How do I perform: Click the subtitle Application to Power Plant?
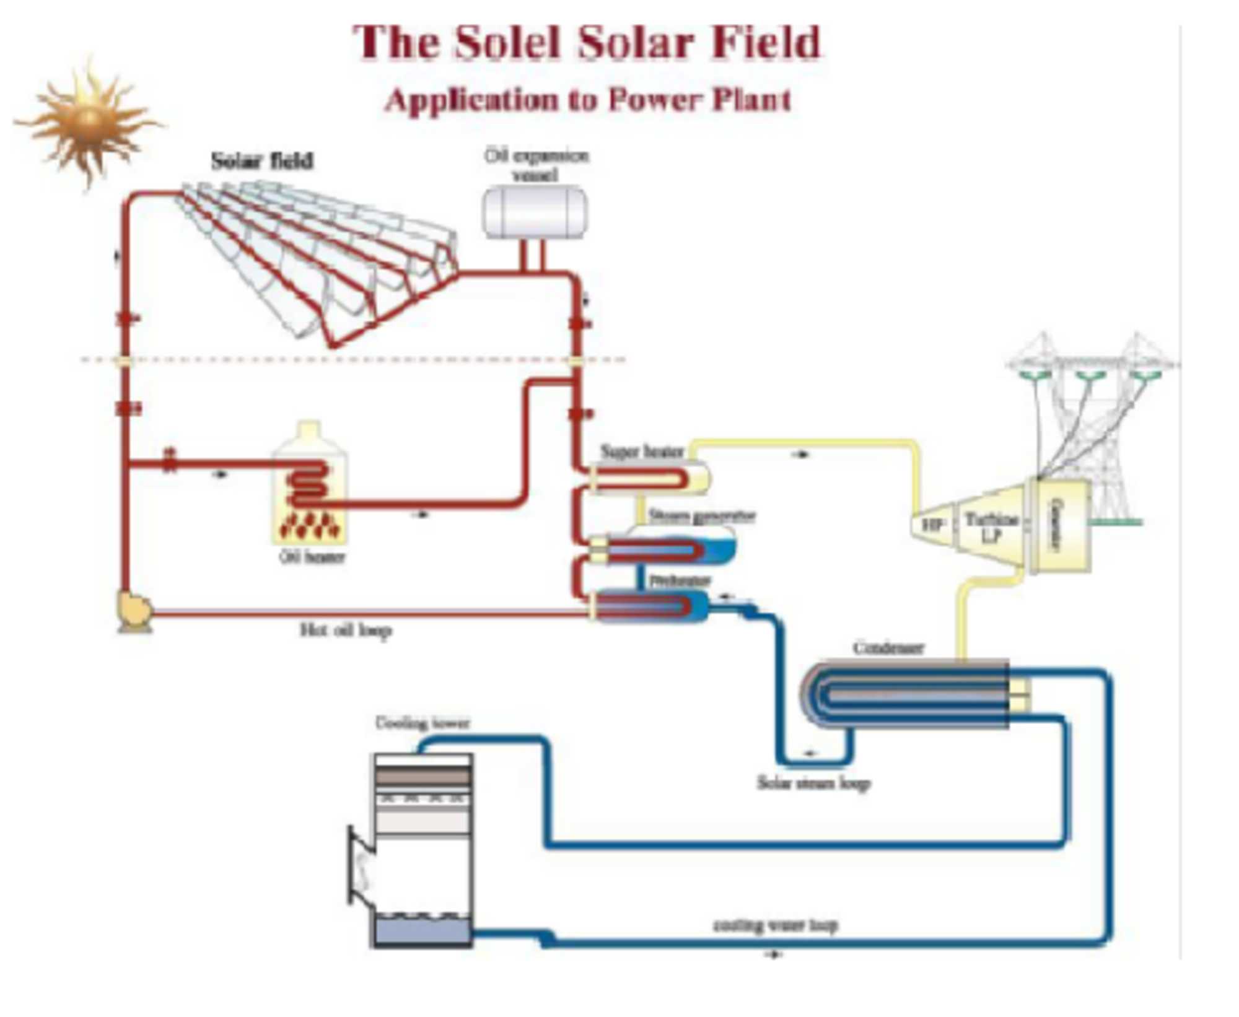tap(587, 100)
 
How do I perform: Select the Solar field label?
tap(262, 161)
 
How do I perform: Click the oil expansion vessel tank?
tap(535, 212)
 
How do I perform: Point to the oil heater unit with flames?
tap(309, 489)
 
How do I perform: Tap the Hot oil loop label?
tap(346, 631)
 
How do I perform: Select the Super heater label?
tap(642, 452)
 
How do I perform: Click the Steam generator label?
tap(701, 516)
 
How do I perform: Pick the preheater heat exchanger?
tap(647, 605)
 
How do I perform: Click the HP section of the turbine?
tap(932, 525)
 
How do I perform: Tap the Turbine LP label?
tap(991, 526)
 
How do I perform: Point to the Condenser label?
tap(888, 648)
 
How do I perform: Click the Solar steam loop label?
tap(813, 783)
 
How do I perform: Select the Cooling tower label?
tap(422, 723)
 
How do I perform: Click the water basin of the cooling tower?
tap(422, 931)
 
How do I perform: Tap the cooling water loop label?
tap(775, 925)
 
